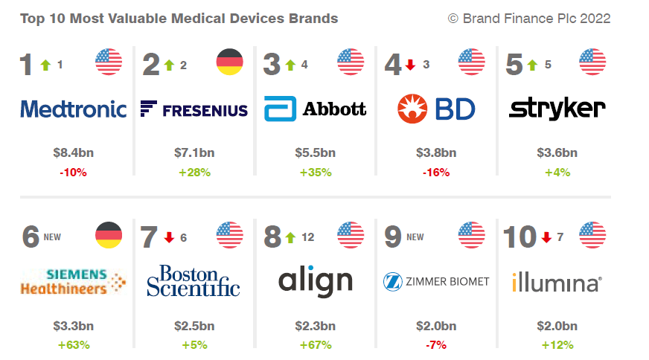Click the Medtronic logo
tap(74, 109)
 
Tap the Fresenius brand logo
tap(194, 110)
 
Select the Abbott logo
tap(316, 109)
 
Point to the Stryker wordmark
tap(557, 109)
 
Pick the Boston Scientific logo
tap(194, 280)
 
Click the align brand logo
tap(316, 281)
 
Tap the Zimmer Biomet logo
tap(436, 281)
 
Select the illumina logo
tap(557, 283)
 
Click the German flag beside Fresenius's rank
tap(229, 62)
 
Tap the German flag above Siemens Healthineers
tap(109, 236)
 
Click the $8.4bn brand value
tap(74, 153)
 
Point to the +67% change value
tap(316, 344)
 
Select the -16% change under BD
tap(436, 172)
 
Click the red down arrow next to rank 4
tap(410, 65)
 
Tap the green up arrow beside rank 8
tap(290, 237)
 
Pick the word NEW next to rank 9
tap(415, 237)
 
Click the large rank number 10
tap(519, 237)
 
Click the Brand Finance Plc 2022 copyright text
tap(529, 19)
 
